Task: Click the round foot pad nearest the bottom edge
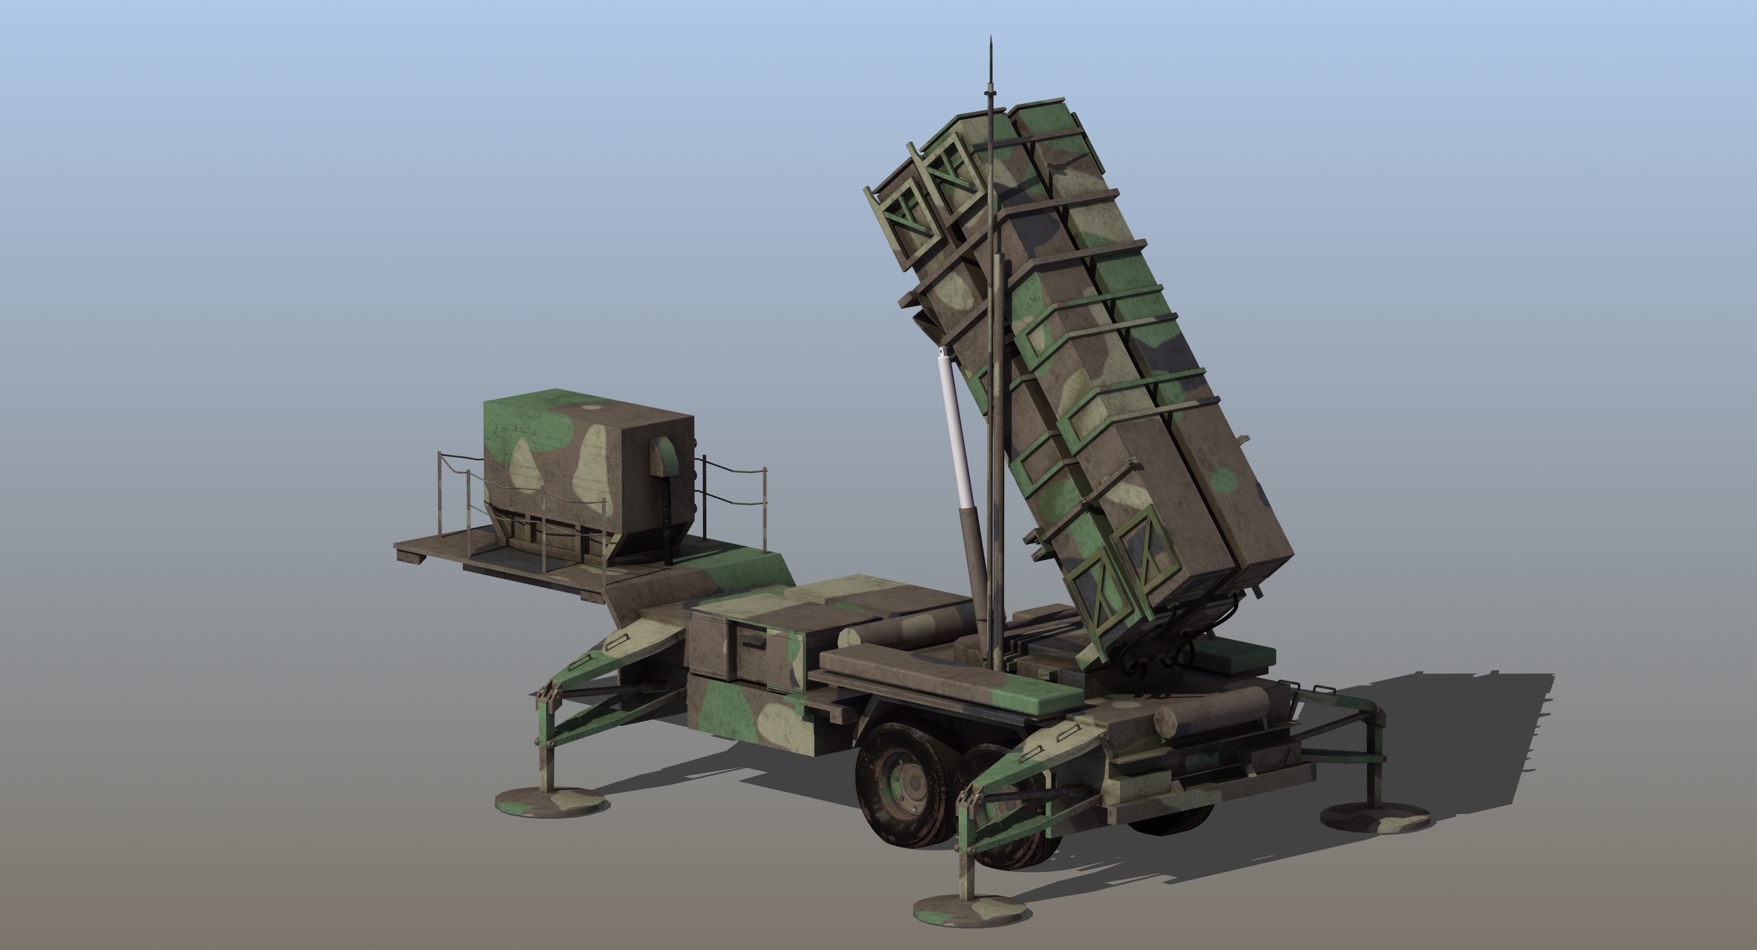pyautogui.click(x=971, y=910)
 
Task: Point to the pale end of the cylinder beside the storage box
pyautogui.click(x=848, y=639)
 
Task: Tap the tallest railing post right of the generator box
pyautogui.click(x=765, y=508)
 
